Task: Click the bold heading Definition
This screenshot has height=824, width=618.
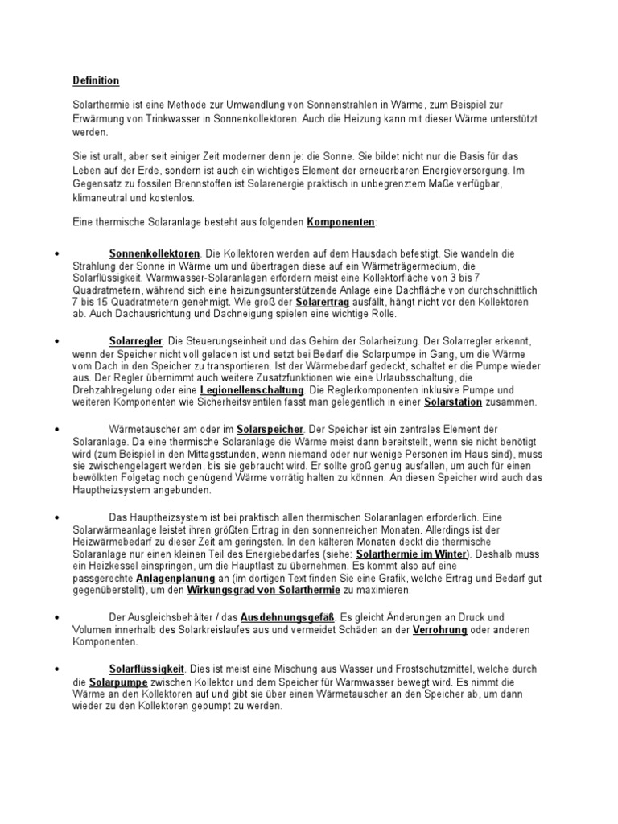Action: [x=96, y=80]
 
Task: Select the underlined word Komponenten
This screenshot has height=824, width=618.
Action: [x=340, y=221]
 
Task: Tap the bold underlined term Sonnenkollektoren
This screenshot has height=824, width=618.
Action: [x=154, y=253]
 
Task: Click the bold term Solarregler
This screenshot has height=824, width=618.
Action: [x=133, y=341]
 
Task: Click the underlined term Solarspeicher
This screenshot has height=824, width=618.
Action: [x=270, y=429]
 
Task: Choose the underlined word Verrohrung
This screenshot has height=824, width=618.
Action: [x=440, y=629]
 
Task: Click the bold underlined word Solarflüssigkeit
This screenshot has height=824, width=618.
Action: [x=147, y=668]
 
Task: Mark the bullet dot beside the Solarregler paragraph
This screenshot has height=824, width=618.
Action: [x=57, y=342]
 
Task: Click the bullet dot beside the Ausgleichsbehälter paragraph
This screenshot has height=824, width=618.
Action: [x=57, y=617]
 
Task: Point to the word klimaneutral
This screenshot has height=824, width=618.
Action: [x=101, y=197]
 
